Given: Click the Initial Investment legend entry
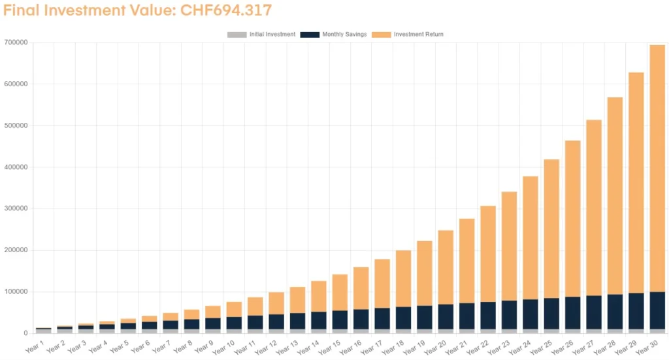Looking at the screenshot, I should click(261, 34).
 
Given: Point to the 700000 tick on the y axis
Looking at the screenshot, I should click(15, 42).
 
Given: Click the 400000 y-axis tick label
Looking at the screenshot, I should click(15, 167).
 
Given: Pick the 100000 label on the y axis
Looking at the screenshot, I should click(15, 292).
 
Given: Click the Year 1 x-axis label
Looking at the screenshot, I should click(33, 344).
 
